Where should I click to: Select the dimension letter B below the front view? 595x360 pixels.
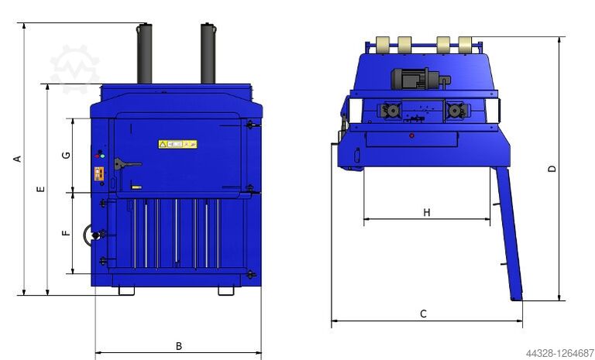click(178, 345)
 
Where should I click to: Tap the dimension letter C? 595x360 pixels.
click(423, 314)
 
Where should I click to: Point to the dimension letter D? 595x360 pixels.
click(552, 169)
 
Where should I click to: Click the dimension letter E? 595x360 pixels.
click(41, 189)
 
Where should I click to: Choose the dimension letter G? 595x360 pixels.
click(67, 155)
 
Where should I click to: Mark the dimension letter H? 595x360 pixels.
click(426, 212)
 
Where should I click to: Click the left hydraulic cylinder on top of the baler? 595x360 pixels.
click(145, 54)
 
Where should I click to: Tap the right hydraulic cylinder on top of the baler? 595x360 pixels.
click(208, 53)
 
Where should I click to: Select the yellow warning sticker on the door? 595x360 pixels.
click(177, 144)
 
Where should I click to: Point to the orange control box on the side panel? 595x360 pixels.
click(98, 174)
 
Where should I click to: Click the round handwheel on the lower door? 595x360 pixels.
click(95, 235)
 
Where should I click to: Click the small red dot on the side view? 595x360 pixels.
click(411, 135)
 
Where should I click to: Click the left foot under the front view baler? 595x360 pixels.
click(126, 291)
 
